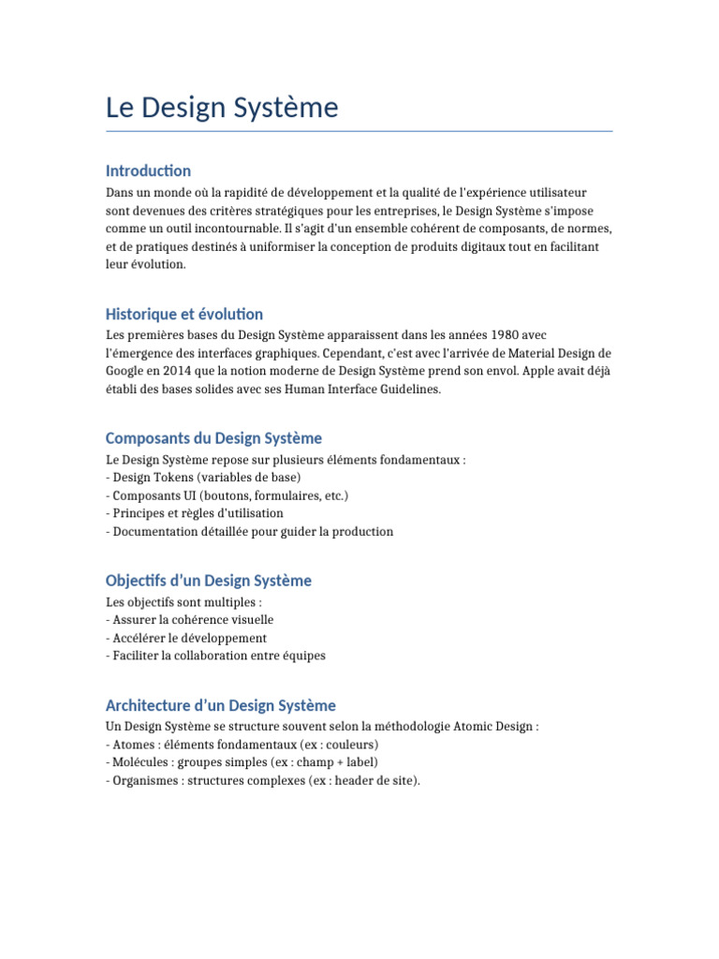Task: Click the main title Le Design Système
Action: (x=222, y=109)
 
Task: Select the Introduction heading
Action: (x=148, y=170)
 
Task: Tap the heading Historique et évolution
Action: (x=184, y=314)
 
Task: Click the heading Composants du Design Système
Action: (x=213, y=438)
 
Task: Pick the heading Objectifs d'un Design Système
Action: (x=209, y=581)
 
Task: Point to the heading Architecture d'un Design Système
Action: (x=221, y=705)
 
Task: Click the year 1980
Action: (x=508, y=334)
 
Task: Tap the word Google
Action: (x=127, y=371)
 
